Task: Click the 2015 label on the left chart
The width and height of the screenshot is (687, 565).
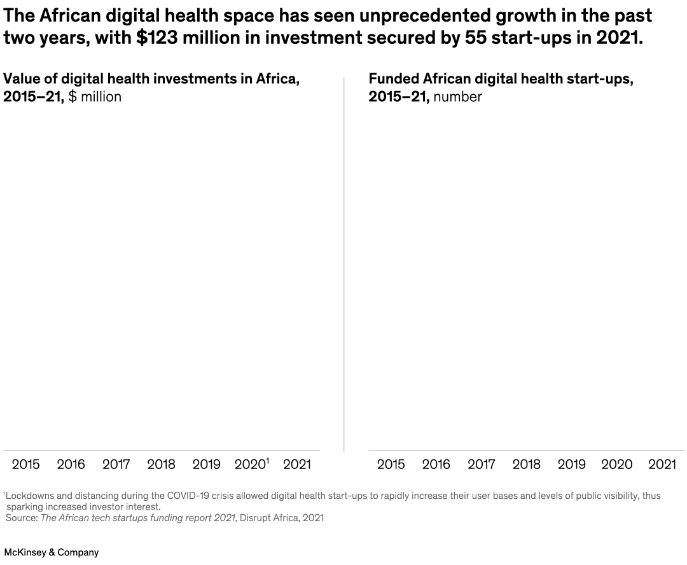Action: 25,464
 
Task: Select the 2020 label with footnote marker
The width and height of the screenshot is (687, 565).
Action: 252,464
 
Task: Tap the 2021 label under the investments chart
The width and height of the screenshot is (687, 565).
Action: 296,464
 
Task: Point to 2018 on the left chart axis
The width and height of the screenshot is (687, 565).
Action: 161,464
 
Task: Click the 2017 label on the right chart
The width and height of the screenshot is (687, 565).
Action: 481,464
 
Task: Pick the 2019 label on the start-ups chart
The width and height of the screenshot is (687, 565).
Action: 571,464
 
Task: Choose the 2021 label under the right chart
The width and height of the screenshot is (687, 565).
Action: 662,464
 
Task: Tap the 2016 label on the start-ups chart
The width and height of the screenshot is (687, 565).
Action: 436,464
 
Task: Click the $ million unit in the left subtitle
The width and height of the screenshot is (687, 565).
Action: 95,97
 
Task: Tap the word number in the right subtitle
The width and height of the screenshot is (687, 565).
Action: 457,97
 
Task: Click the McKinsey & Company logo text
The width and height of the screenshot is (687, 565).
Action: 52,552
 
